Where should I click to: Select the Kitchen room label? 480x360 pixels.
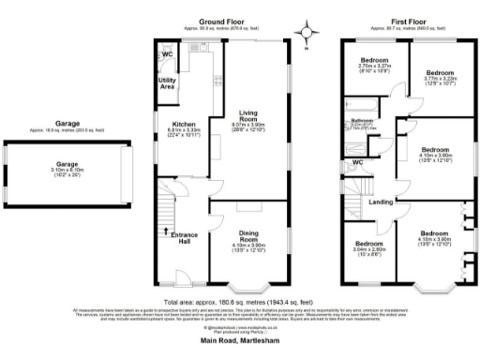click(x=182, y=124)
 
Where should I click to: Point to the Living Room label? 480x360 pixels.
click(x=248, y=116)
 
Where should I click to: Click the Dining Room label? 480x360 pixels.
click(x=248, y=233)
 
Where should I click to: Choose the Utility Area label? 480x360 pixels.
click(x=168, y=84)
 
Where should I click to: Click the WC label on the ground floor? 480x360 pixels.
click(x=167, y=55)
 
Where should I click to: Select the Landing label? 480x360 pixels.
click(x=381, y=202)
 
